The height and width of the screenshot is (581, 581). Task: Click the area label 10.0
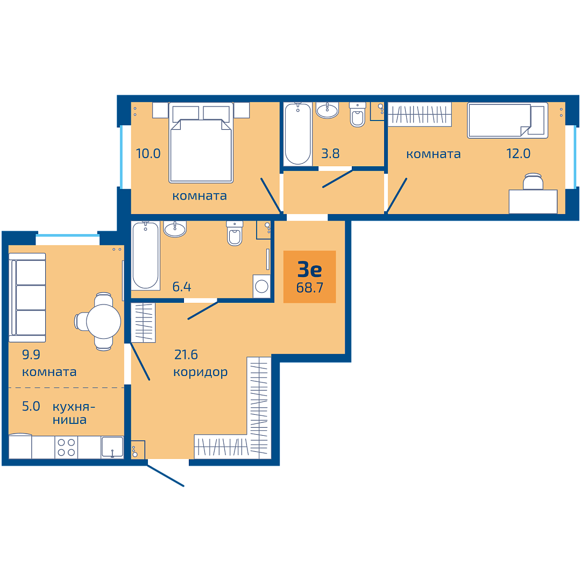coord(148,153)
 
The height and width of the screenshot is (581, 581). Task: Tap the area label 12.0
coord(519,153)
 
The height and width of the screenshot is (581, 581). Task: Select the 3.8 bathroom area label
coord(330,153)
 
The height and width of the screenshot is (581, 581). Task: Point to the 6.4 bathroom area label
coord(182,287)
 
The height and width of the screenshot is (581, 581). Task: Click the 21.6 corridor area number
coord(186,355)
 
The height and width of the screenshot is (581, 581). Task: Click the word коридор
coord(201,372)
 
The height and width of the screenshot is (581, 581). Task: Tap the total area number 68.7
coord(310,287)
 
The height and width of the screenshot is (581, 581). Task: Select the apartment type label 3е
coord(310,270)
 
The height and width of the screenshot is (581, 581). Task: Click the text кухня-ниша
coord(74,413)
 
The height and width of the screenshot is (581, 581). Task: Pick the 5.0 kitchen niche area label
coord(31,407)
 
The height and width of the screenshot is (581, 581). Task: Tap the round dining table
coord(103,322)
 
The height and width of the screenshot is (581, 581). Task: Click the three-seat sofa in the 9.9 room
coord(27,297)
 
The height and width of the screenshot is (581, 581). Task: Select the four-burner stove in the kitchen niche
coord(66,447)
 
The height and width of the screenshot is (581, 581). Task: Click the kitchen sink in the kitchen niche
coord(112,447)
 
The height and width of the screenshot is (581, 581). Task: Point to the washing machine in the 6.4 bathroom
coord(261,286)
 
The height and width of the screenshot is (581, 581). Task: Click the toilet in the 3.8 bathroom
coord(358,115)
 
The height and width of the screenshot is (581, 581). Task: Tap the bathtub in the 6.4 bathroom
coord(146,256)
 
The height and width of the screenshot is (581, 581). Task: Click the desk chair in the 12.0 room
coord(533,182)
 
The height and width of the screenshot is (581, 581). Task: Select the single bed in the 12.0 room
coord(508,121)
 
